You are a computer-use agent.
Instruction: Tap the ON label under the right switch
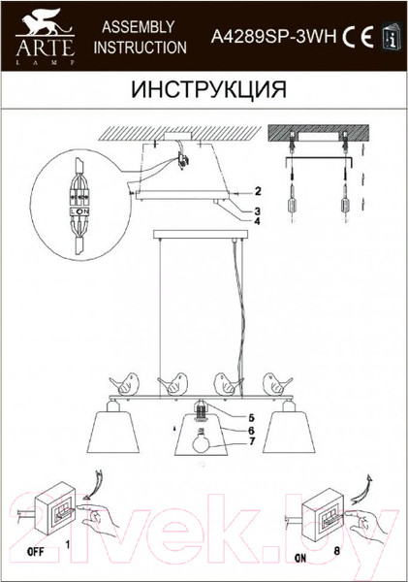pos(301,557)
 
